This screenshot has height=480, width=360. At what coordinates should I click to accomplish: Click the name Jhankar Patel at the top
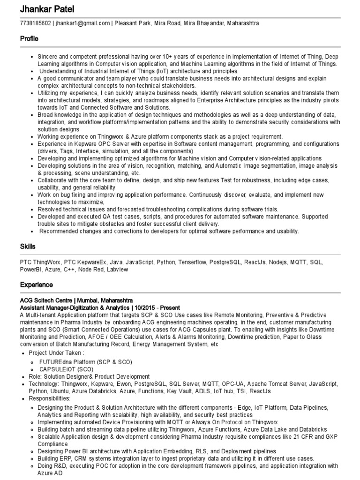pos(47,9)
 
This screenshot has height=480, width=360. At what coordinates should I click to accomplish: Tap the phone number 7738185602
pos(36,23)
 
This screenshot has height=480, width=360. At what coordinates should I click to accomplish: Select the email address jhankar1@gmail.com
pos(83,23)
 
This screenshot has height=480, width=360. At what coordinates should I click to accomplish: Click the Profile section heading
pos(29,39)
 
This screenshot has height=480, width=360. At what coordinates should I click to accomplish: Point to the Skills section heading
pos(28,247)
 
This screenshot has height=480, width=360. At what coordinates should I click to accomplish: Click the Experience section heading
pos(36,285)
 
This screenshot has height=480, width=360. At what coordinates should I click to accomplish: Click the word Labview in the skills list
pos(117,270)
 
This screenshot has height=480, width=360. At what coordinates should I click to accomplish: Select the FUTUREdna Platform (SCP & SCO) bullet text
pos(86,362)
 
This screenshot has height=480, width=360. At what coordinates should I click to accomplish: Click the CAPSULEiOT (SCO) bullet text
pos(66,369)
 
